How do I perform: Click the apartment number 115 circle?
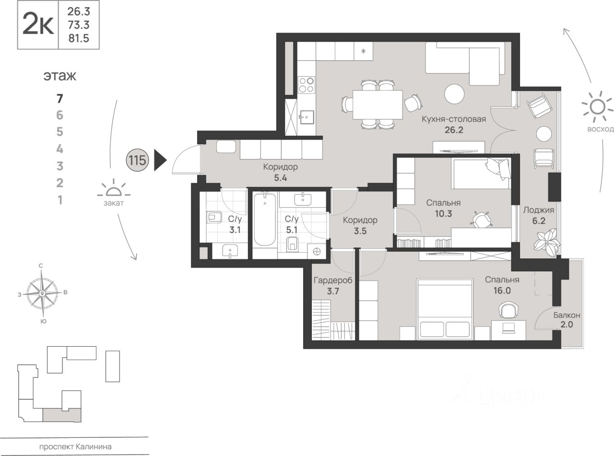click(138, 160)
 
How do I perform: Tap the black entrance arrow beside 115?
click(160, 160)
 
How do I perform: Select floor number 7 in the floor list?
click(60, 99)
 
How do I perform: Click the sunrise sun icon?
click(597, 107)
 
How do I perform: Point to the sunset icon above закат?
click(114, 188)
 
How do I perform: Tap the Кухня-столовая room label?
click(454, 119)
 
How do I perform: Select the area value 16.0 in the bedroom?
click(502, 291)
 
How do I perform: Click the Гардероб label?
click(333, 281)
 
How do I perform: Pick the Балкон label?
click(567, 315)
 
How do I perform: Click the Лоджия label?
click(538, 210)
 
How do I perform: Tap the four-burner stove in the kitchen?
click(307, 85)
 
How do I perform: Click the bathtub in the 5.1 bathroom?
click(265, 220)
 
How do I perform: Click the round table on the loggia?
click(544, 134)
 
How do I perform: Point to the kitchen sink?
click(307, 117)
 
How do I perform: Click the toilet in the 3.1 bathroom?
click(214, 217)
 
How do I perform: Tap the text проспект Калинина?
click(75, 446)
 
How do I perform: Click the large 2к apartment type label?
click(38, 24)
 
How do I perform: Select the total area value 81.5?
click(79, 38)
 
